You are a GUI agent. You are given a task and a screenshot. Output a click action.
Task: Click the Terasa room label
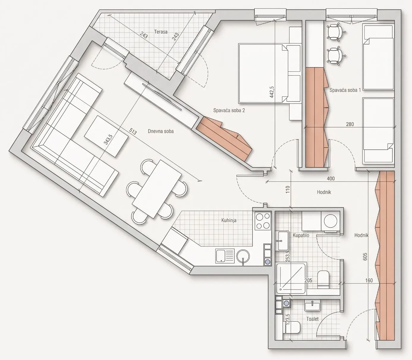[x=161, y=32]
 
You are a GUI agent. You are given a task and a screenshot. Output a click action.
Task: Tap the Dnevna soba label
[x=161, y=131]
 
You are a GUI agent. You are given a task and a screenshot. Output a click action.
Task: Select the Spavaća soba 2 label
[x=229, y=110]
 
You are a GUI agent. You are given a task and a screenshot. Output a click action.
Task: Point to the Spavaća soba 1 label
[x=345, y=90]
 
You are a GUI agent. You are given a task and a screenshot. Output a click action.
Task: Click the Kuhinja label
[x=229, y=220]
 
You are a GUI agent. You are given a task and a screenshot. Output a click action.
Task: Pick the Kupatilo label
[x=301, y=235]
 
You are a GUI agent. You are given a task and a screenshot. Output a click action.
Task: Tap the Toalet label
[x=312, y=319]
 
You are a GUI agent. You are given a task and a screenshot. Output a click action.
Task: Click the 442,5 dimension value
[x=272, y=92]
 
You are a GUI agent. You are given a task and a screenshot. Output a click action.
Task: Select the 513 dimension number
[x=133, y=132]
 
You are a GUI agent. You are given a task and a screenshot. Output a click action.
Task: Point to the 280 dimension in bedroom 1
[x=350, y=124]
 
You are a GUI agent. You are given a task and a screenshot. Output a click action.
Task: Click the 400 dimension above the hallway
[x=331, y=179]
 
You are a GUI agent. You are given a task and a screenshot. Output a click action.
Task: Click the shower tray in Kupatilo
[x=291, y=278]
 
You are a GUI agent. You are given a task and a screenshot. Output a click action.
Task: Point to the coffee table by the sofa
[x=106, y=136]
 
